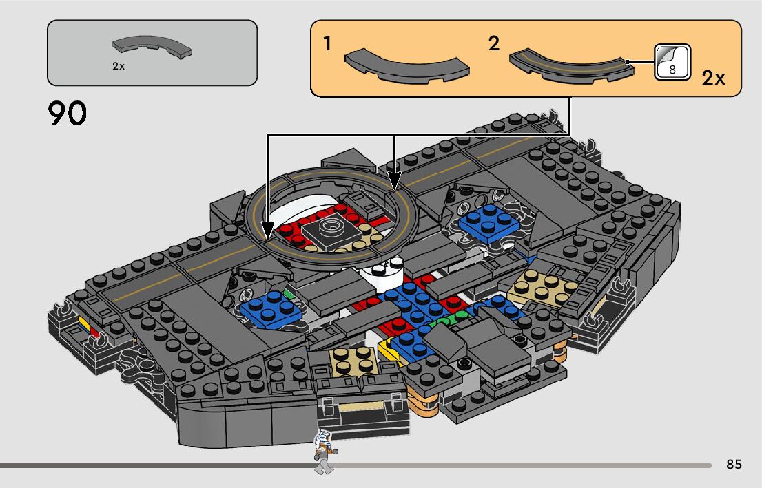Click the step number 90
pos(68,114)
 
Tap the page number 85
pos(734,465)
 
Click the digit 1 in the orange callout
pos(328,45)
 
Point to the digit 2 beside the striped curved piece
pos(493,44)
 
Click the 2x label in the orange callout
pos(714,78)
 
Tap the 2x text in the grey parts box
pos(119,67)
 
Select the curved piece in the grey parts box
pos(153,47)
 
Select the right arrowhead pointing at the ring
pos(394,184)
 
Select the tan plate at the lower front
pos(353,359)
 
